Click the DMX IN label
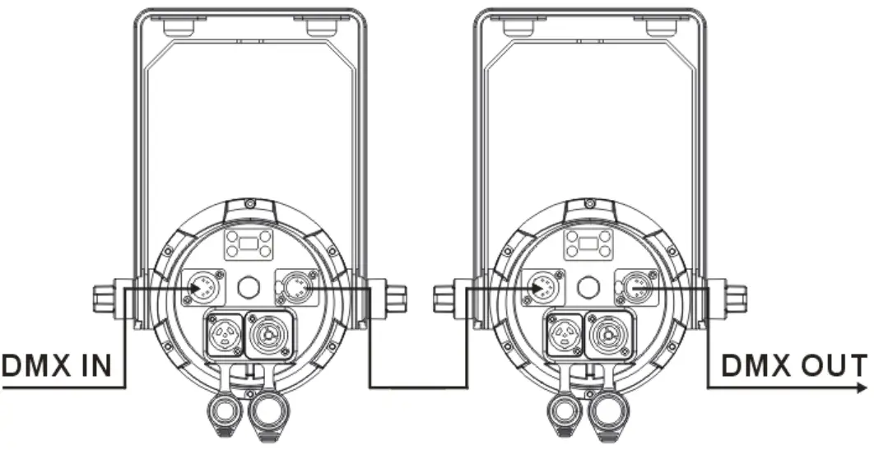click(x=56, y=365)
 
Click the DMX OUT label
click(x=793, y=365)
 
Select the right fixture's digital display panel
click(x=588, y=244)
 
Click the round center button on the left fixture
click(x=246, y=289)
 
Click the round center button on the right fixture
click(x=588, y=288)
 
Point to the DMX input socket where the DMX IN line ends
click(x=200, y=288)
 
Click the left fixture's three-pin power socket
click(x=223, y=335)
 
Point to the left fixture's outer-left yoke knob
click(x=105, y=296)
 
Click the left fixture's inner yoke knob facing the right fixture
click(x=393, y=296)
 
